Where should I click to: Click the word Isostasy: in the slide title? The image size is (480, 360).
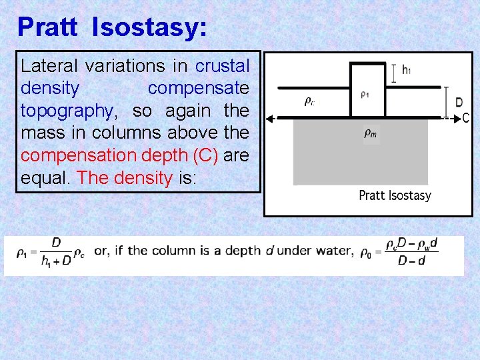149,27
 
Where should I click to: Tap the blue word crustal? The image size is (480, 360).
222,66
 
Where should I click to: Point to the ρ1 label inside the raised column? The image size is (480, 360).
363,95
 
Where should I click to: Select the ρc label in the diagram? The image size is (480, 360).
309,101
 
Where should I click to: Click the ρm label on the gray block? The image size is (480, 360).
370,134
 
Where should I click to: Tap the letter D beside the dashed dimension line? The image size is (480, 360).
459,103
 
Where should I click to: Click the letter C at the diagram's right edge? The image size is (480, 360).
465,118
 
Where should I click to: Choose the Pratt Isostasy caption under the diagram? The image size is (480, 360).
395,195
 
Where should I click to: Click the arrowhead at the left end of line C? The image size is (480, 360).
269,119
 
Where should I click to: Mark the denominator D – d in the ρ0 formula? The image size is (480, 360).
411,261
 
